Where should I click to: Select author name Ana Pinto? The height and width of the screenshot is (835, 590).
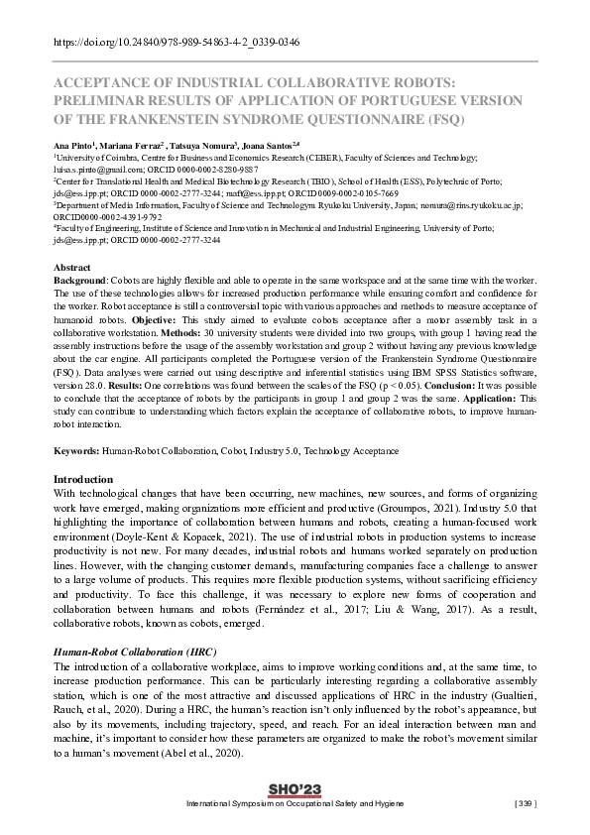tap(74, 145)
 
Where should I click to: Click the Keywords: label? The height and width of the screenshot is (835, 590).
tap(76, 451)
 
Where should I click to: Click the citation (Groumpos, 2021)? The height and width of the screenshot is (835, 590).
tap(420, 506)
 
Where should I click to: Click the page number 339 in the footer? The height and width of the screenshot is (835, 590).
tap(525, 802)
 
